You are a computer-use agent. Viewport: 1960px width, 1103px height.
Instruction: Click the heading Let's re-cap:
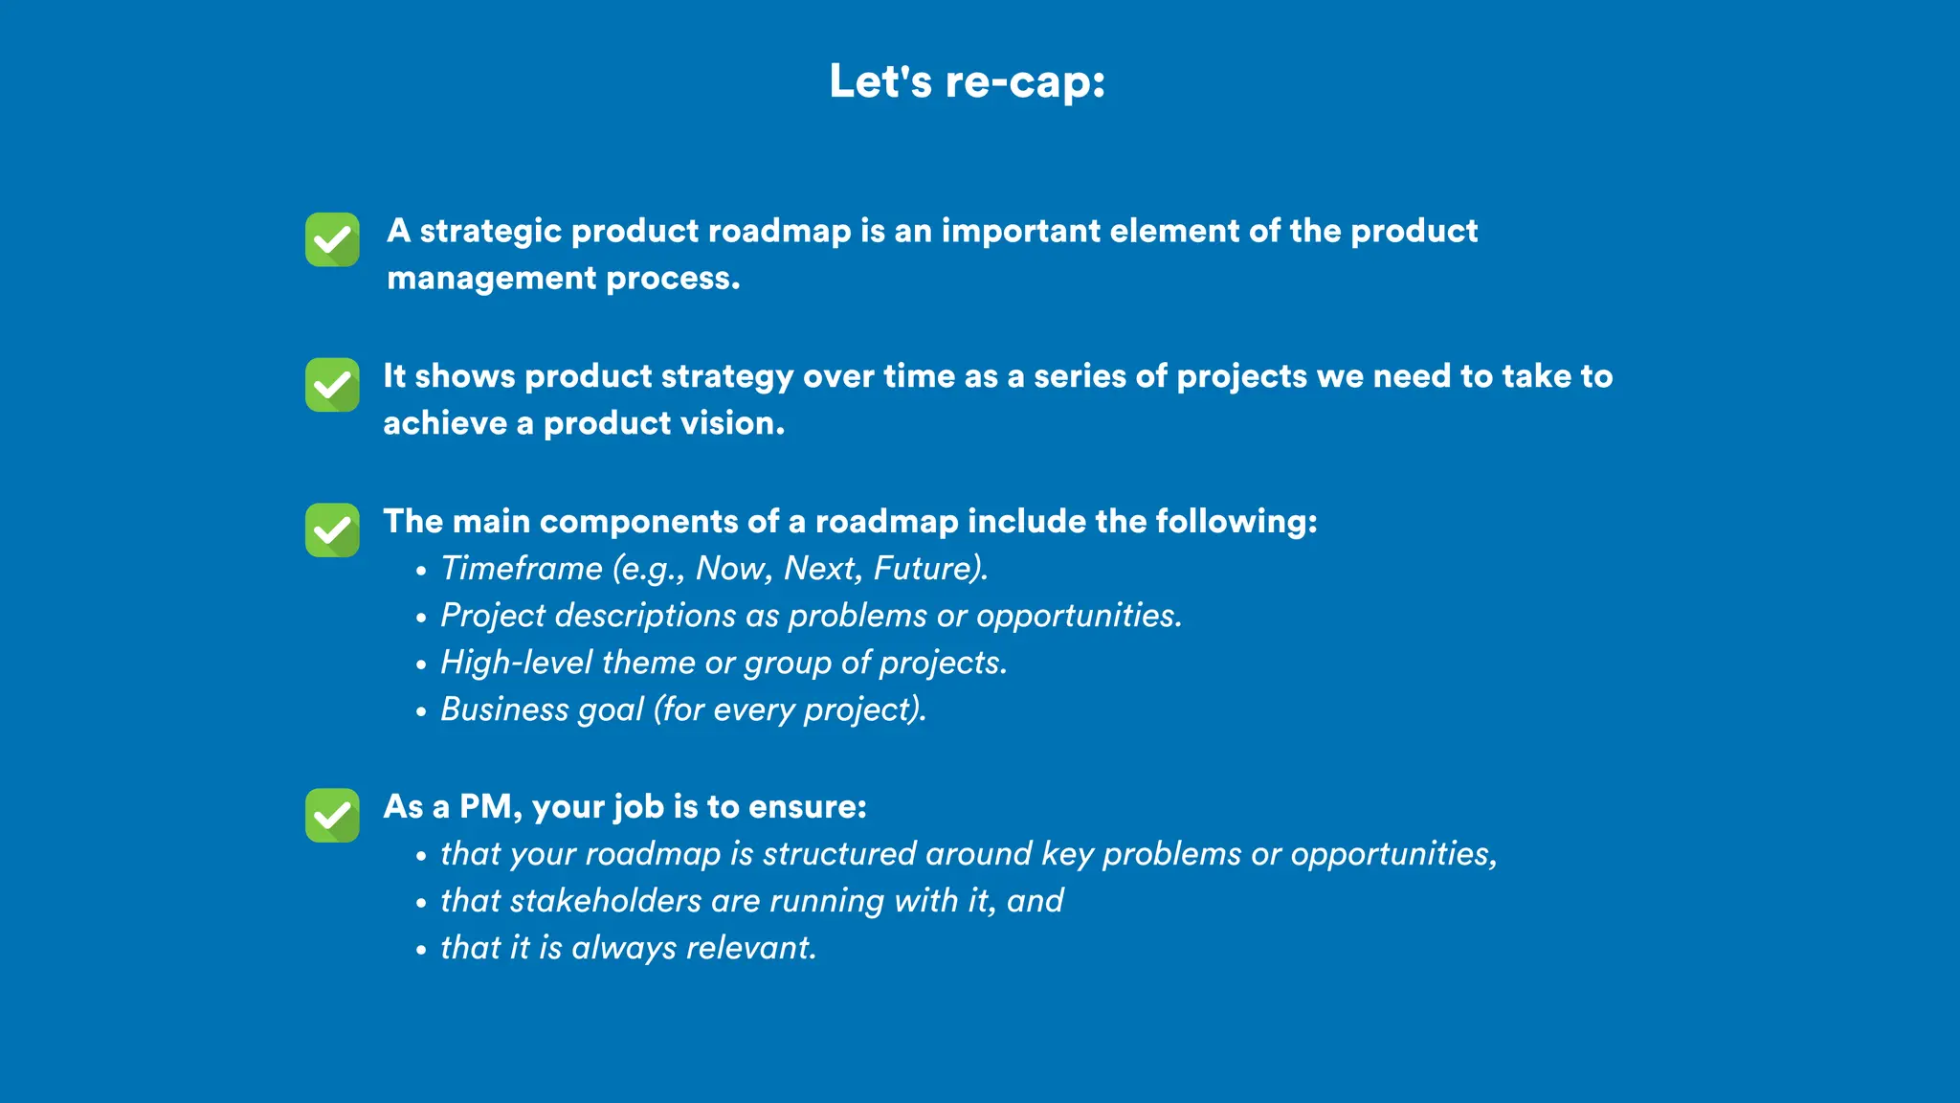[x=967, y=81]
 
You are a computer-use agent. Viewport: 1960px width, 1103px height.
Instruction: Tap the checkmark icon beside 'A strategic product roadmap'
[x=332, y=239]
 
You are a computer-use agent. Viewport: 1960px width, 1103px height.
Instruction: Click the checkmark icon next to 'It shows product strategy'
[x=332, y=385]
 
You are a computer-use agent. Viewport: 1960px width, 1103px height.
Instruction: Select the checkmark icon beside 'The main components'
[x=332, y=530]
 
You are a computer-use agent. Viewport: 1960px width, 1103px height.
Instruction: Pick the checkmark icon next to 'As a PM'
[x=332, y=816]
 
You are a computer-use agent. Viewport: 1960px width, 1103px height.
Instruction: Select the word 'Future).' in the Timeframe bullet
[x=930, y=569]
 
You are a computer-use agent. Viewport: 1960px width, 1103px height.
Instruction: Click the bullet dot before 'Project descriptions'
[x=421, y=619]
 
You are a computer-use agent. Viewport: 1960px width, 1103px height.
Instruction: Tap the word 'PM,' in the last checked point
[x=490, y=807]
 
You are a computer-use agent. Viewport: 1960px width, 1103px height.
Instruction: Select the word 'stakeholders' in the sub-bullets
[x=606, y=901]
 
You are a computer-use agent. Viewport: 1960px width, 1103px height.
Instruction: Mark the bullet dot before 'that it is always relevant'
[x=421, y=951]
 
